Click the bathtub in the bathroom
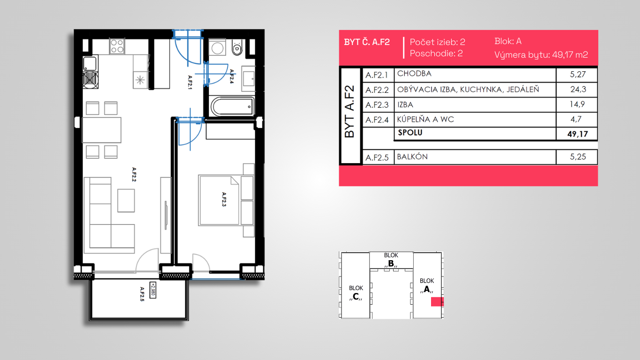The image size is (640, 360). coord(232,107)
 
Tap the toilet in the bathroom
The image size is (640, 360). coord(238,47)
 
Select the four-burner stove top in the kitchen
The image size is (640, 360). coord(117,46)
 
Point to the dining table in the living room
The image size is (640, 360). coord(101,130)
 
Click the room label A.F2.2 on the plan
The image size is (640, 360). coord(134,175)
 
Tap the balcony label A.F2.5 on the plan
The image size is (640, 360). coord(142,294)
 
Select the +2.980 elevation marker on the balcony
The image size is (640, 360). coord(153,290)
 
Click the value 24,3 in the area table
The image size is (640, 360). coord(578,90)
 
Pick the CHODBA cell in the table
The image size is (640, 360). coord(414,74)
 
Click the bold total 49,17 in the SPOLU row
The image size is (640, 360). coord(577,134)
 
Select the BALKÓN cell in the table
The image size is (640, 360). coord(412,157)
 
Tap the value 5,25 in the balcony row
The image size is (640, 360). coord(578,157)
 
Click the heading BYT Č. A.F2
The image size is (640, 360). coord(367,42)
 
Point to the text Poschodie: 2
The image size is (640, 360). coord(436,53)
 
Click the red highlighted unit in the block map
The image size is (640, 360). coord(437,302)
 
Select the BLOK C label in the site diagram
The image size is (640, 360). coord(356,293)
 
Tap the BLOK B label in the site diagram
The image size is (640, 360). coord(391,260)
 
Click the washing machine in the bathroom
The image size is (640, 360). coord(217,48)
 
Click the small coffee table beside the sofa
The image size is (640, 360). coord(126,201)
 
